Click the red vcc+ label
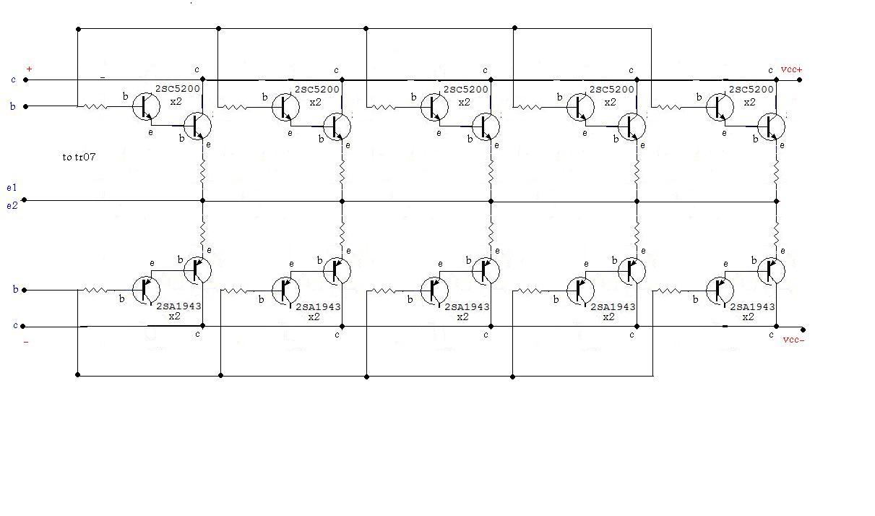coord(791,69)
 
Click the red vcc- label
coord(794,340)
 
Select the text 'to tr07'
coord(79,157)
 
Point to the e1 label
coord(12,187)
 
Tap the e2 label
coord(12,205)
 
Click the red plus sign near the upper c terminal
coord(29,69)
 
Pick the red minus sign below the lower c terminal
coord(26,342)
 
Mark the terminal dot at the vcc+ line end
coord(800,79)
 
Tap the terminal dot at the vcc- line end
coord(803,330)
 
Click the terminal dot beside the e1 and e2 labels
coord(25,200)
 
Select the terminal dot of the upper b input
coord(26,106)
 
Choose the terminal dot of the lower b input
coord(25,290)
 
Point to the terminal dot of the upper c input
coord(26,79)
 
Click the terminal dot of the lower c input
coord(22,326)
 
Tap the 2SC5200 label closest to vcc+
coord(751,90)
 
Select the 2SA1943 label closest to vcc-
coord(752,307)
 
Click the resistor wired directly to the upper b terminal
coord(95,106)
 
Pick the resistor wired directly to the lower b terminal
coord(95,290)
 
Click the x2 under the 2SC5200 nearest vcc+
coord(749,103)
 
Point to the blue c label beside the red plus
coord(13,79)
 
